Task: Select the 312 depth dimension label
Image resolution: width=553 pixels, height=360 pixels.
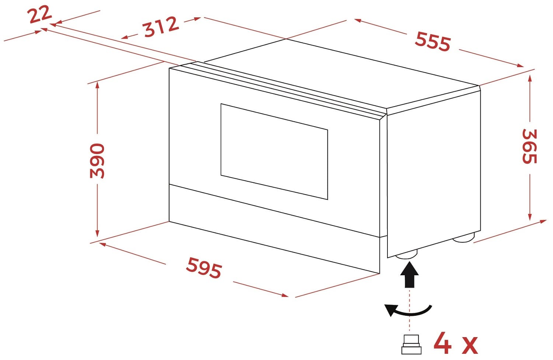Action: [x=161, y=27]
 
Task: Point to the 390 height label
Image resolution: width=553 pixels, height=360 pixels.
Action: [x=97, y=161]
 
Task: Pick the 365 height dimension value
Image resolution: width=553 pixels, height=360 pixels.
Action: [x=529, y=146]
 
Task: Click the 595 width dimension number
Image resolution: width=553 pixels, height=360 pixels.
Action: [x=204, y=268]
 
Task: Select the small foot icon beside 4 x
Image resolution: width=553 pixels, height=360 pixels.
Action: [x=411, y=345]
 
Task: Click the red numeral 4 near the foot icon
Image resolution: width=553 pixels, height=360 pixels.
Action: [x=443, y=343]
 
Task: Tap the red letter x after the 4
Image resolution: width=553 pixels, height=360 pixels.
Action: [x=470, y=346]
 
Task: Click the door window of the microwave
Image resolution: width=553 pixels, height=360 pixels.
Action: [x=274, y=151]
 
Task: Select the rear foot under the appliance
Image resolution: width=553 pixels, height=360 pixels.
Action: [x=464, y=237]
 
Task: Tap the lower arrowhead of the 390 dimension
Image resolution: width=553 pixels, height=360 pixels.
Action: [x=97, y=233]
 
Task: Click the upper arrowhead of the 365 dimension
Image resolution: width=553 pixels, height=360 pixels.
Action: [x=530, y=78]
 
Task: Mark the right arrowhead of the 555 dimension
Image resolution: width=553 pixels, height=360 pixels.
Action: [x=519, y=66]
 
